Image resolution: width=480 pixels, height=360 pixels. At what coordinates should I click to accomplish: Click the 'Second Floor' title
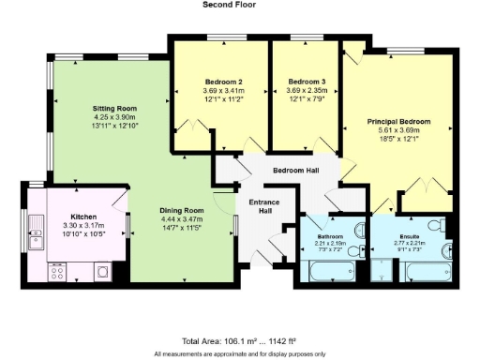(x=230, y=5)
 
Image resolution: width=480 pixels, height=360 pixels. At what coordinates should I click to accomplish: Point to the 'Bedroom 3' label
(x=307, y=82)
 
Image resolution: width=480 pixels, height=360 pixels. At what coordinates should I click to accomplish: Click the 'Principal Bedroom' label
(x=398, y=122)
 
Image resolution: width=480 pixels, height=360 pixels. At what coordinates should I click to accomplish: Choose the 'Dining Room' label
(x=181, y=210)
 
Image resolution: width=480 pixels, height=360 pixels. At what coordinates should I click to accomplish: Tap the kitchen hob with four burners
(x=56, y=272)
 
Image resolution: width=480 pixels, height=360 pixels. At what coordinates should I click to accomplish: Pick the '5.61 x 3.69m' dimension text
(x=398, y=131)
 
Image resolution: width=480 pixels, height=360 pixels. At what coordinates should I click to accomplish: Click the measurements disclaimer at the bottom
(x=240, y=352)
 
